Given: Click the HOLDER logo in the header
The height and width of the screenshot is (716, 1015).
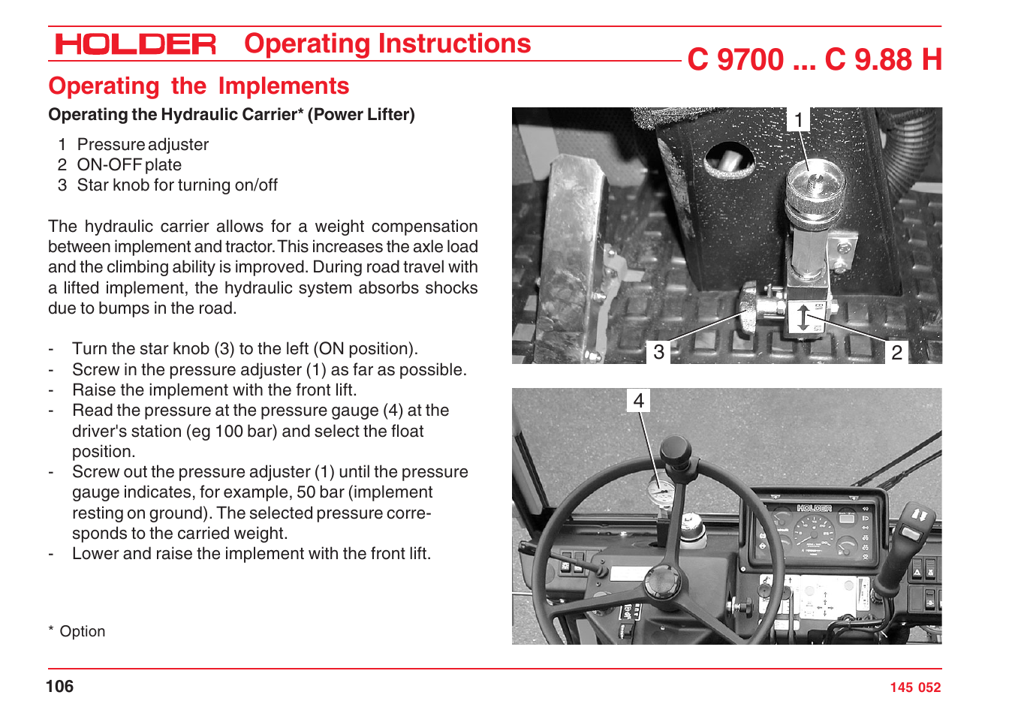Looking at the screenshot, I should pyautogui.click(x=135, y=44).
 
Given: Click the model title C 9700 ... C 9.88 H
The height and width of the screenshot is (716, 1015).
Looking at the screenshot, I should pyautogui.click(x=814, y=60).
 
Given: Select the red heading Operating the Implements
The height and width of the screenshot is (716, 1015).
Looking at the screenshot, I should pyautogui.click(x=198, y=86).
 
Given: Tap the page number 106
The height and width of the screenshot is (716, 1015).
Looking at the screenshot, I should pyautogui.click(x=60, y=686).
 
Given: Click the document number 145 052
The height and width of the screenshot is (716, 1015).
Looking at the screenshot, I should pyautogui.click(x=914, y=687).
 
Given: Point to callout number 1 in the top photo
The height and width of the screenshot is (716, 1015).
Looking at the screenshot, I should pyautogui.click(x=799, y=120).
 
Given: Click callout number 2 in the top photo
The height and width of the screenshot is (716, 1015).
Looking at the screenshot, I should pyautogui.click(x=896, y=352).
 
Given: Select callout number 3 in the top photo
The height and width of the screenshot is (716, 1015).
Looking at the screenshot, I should pyautogui.click(x=658, y=352).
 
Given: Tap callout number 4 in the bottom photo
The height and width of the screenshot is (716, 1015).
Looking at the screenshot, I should pyautogui.click(x=638, y=401).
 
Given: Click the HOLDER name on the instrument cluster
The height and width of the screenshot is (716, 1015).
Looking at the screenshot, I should pyautogui.click(x=814, y=508).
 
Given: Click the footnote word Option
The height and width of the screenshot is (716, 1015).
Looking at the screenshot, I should pyautogui.click(x=83, y=632).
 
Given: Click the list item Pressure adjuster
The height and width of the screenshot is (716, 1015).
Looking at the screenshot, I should pyautogui.click(x=143, y=145).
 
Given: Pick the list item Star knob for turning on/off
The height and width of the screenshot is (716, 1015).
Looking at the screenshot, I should pyautogui.click(x=177, y=185).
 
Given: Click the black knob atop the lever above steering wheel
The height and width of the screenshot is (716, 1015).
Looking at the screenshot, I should pyautogui.click(x=674, y=453).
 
